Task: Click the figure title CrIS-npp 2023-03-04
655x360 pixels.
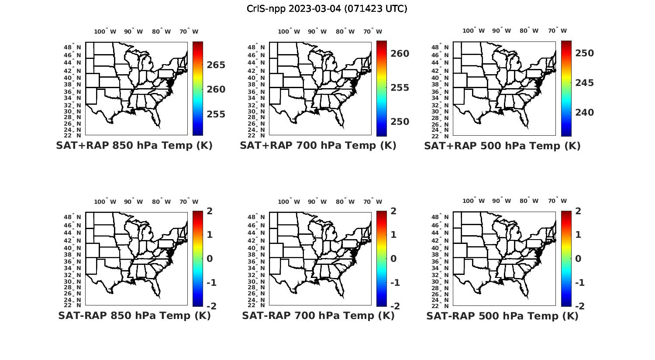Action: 327,9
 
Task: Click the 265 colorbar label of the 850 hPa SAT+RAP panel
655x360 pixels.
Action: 216,65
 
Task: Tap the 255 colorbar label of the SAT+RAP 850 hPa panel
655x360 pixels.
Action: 216,114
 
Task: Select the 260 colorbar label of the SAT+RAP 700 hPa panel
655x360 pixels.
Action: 400,54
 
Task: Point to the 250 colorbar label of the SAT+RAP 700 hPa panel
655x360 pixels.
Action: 400,122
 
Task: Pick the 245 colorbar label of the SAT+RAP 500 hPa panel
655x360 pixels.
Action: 584,83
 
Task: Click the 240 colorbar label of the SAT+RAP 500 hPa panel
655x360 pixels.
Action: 584,113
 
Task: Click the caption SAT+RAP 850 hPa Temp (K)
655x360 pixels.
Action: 134,146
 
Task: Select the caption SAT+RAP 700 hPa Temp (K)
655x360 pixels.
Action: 318,146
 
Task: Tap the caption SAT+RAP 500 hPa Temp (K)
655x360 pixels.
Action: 502,146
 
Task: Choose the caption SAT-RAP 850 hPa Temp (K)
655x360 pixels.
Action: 134,316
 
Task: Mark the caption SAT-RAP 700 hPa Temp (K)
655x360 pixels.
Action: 318,316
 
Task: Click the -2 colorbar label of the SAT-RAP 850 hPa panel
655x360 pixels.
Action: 211,306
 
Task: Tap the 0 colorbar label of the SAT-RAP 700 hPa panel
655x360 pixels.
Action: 393,259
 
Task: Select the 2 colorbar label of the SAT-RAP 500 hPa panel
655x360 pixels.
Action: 579,211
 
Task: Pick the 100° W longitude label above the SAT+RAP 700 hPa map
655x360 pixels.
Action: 289,31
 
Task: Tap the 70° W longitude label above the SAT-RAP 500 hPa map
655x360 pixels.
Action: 558,201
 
